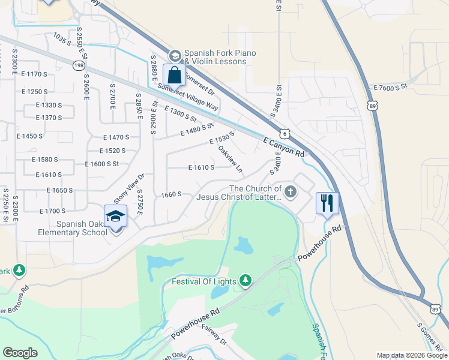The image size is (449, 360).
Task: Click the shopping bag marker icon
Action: [x=174, y=76]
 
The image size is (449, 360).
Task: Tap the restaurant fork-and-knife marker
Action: [x=327, y=202]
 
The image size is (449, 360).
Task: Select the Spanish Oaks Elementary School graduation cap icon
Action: [x=116, y=217]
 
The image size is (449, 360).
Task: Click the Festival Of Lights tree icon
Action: [x=245, y=280]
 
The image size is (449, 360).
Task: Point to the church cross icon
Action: [x=291, y=192]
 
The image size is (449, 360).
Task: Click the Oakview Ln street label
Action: [x=230, y=157]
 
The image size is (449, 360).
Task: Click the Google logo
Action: [x=20, y=353]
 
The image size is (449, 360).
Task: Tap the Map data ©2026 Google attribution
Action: [x=412, y=355]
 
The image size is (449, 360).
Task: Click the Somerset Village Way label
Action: [x=188, y=96]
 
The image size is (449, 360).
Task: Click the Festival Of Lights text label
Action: [x=204, y=281]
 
